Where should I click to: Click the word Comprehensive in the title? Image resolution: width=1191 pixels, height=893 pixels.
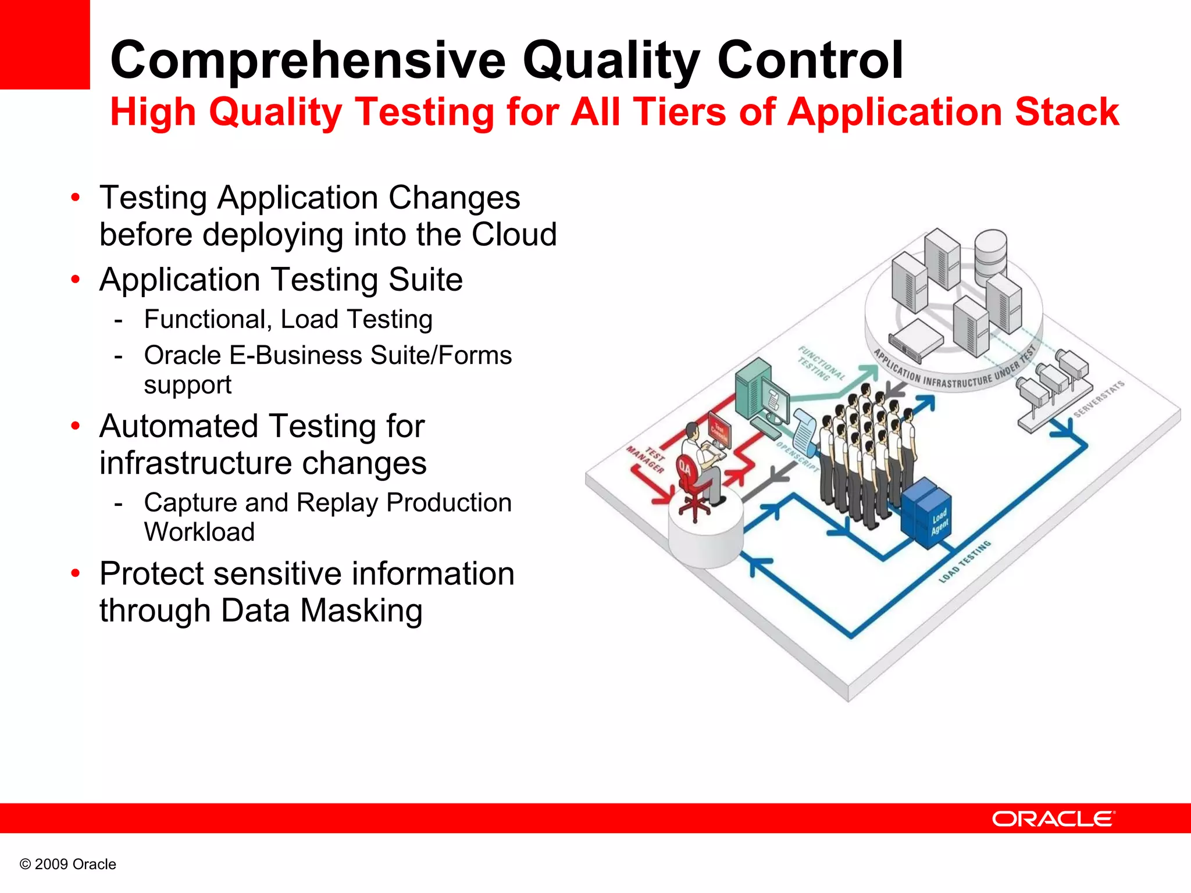308,60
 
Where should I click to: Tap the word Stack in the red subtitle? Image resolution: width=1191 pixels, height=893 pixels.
1067,112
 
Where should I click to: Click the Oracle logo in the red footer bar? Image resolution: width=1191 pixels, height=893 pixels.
1053,819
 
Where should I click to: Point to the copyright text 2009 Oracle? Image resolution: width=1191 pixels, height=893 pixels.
68,864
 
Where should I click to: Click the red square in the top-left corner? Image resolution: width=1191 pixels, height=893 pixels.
45,44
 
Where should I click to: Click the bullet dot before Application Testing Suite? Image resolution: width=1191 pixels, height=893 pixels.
75,280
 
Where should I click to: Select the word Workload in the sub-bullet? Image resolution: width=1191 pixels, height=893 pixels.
199,532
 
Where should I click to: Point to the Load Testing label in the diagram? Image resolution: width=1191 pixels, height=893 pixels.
965,562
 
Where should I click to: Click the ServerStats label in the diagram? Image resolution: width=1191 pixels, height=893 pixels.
1099,399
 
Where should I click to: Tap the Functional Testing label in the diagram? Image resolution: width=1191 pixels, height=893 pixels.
819,364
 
